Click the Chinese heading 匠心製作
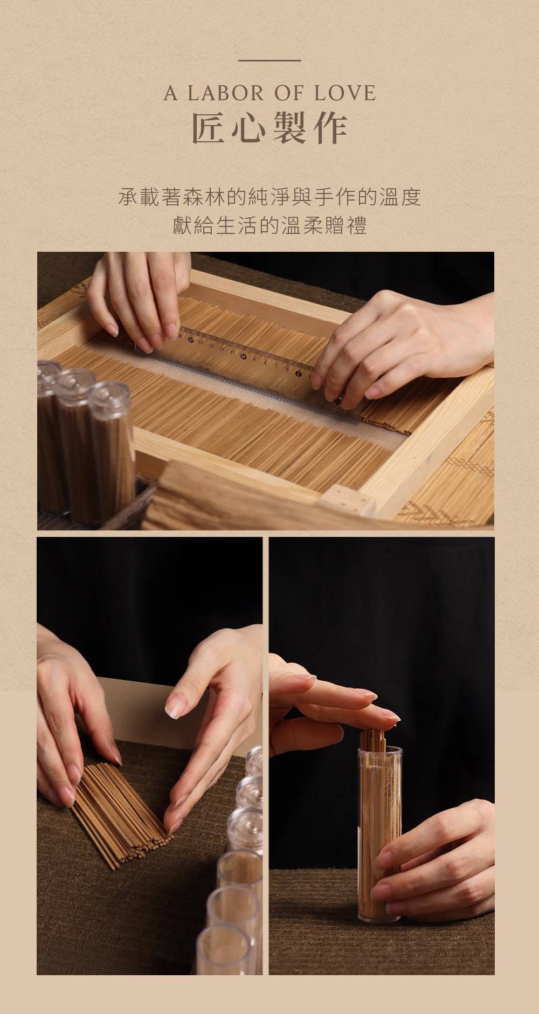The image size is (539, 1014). tap(269, 129)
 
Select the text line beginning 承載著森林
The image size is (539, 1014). tap(269, 197)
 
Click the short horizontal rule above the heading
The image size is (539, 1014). tap(269, 60)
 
